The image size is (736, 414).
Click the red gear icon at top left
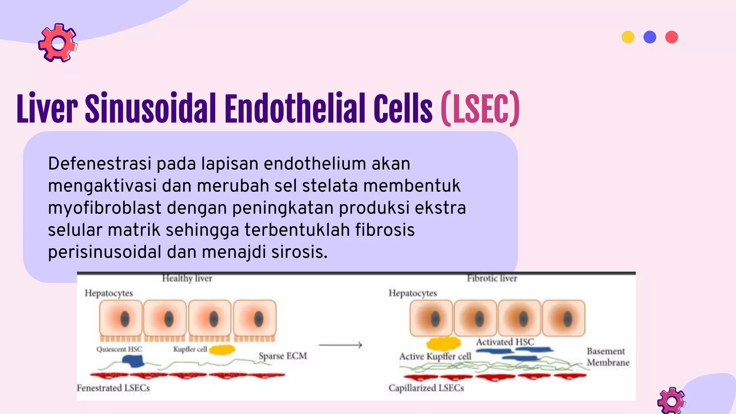pos(57,43)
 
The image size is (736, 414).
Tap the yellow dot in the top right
pos(628,37)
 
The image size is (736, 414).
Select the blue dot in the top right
pos(650,37)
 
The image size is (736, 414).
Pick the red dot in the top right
pos(671,37)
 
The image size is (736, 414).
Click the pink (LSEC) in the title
pos(480,109)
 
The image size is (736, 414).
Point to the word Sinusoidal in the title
pos(150,109)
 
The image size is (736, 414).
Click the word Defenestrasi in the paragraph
pos(100,164)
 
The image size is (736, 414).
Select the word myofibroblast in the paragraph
pos(105,208)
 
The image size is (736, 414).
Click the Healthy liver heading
pos(187,278)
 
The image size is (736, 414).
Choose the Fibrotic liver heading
pos(492,278)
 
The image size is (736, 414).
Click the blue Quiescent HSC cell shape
pos(133,361)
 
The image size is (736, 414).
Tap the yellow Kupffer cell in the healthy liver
pos(222,349)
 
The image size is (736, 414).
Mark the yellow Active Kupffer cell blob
pos(443,344)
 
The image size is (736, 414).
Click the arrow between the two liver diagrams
pos(340,345)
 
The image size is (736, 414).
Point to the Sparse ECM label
pos(283,356)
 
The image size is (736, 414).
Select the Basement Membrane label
pos(608,356)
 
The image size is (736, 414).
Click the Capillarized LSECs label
pos(426,388)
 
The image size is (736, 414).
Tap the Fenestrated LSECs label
pos(113,388)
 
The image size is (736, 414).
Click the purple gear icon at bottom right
pos(671,401)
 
